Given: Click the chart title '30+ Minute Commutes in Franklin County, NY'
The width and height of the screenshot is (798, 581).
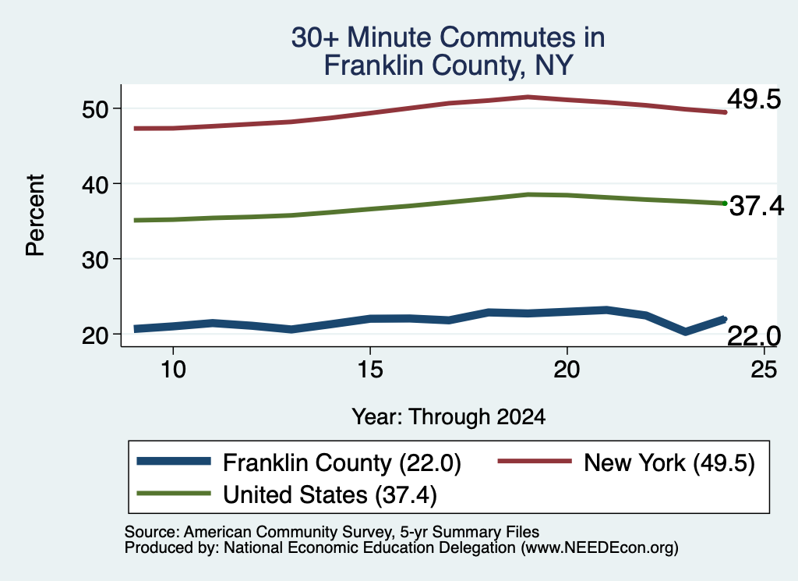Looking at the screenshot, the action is [x=448, y=51].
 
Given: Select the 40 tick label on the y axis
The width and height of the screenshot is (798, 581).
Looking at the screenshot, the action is [x=96, y=184].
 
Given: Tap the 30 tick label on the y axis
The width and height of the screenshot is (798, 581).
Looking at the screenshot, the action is [x=96, y=260].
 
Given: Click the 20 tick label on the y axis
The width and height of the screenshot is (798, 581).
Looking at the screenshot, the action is [x=96, y=335].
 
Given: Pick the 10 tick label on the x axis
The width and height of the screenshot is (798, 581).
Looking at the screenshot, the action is [x=173, y=369].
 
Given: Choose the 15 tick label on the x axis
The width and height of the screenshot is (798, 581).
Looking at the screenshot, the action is [x=370, y=369].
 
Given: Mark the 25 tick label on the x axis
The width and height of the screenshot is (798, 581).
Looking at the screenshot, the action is [x=764, y=369].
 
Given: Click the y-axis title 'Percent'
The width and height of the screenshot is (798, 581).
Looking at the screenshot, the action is [x=35, y=215].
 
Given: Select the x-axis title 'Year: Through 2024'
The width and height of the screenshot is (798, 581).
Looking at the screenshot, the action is [x=448, y=417].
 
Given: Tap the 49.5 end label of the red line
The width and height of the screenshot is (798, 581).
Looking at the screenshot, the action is [x=754, y=98].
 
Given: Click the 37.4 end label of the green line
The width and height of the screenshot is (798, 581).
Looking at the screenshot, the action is [x=757, y=206].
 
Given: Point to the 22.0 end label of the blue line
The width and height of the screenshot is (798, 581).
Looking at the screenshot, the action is [x=754, y=335].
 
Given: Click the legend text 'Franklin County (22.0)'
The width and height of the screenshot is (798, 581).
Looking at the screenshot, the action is [x=342, y=463].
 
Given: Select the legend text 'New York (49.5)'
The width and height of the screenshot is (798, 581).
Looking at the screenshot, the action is [x=669, y=463].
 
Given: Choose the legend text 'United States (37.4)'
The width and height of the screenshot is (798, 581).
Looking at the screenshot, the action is [x=330, y=495].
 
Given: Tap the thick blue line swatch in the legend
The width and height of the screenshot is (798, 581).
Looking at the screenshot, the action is [x=174, y=461].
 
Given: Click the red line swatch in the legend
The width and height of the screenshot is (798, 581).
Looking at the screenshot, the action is [x=535, y=461].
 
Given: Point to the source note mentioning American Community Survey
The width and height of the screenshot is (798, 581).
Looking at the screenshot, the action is [x=332, y=532].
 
